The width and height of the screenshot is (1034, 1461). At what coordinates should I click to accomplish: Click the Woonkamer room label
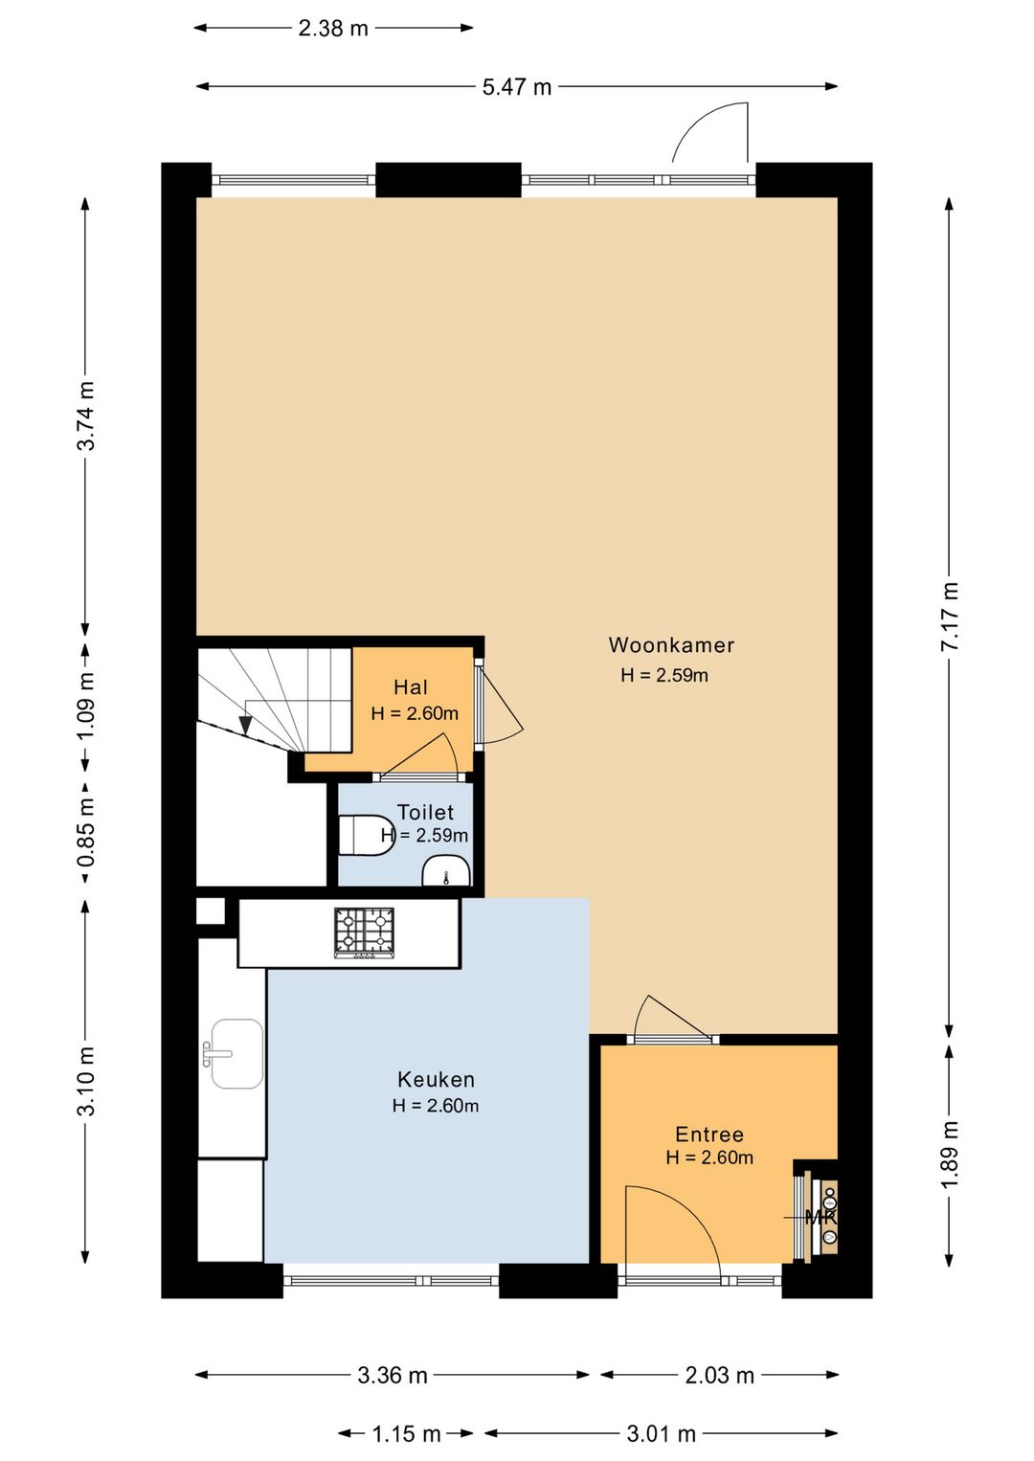tap(670, 645)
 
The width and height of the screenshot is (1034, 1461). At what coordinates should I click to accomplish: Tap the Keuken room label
tap(436, 1079)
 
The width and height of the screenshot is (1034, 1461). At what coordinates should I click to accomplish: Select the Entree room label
tap(709, 1135)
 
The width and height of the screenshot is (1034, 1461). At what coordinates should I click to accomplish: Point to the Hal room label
tap(411, 686)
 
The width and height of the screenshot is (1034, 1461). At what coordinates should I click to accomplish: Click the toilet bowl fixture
tap(367, 834)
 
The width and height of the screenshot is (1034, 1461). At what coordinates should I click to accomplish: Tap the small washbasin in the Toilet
tap(446, 872)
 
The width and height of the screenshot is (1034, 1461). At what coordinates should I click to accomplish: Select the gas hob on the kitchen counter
tap(365, 933)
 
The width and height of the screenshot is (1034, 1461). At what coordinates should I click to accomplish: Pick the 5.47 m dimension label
tap(517, 87)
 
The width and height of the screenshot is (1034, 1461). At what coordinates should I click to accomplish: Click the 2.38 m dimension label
tap(333, 29)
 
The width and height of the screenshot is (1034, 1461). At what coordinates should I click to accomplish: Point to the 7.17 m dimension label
tap(950, 616)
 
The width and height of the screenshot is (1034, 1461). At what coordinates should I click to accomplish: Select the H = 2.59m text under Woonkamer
tap(664, 675)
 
